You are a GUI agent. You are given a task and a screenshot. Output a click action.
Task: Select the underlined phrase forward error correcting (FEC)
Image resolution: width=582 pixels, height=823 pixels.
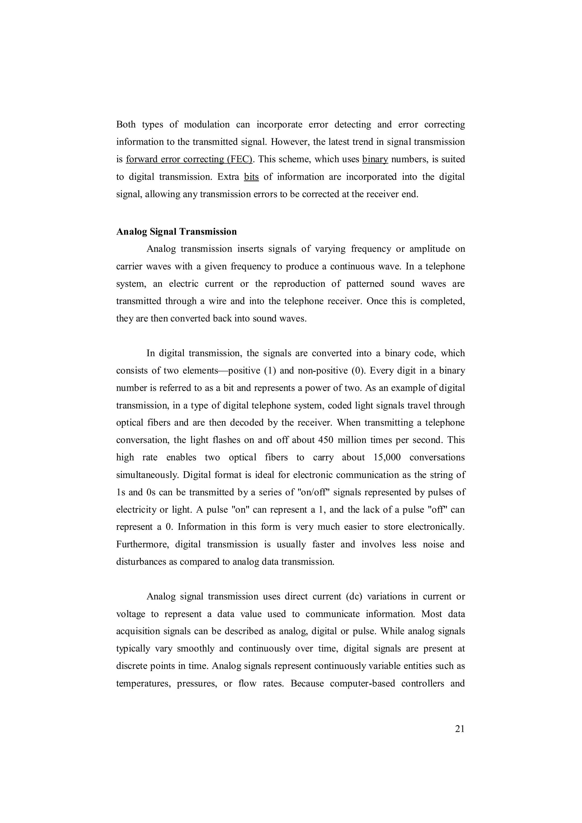(189, 159)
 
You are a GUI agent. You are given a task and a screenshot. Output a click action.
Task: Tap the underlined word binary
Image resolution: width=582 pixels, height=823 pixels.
(375, 159)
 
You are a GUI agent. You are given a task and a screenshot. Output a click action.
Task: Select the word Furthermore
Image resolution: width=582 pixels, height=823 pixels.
(142, 544)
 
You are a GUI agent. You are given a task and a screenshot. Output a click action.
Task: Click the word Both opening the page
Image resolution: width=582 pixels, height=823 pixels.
(126, 124)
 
